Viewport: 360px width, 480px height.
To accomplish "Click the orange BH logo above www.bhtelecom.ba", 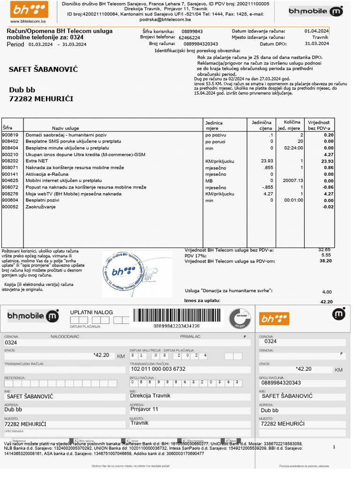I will [x=28, y=9].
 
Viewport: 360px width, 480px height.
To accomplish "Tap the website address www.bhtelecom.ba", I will [x=28, y=21].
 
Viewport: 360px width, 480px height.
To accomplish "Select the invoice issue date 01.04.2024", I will [x=316, y=31].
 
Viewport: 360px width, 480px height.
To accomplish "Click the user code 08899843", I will [x=192, y=31].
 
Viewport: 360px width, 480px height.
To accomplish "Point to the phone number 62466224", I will [x=189, y=37].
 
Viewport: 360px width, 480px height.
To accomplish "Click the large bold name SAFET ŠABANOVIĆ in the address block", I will [x=43, y=70].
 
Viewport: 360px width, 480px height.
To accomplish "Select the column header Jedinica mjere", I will [x=214, y=125].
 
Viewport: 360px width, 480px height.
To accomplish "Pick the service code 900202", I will [x=10, y=161].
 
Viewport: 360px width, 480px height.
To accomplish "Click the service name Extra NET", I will [x=37, y=161].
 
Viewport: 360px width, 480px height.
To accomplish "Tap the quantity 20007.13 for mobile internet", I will [x=293, y=180].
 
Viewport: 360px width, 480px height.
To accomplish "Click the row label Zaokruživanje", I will [x=40, y=206].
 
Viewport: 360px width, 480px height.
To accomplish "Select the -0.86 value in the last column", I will [x=327, y=187].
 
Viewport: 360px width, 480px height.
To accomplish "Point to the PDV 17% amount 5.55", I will [x=325, y=255].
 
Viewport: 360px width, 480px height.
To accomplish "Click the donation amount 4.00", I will [x=326, y=292].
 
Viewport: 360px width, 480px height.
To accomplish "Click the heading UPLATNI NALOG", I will [x=91, y=312].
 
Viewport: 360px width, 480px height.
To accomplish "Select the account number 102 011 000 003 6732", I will [x=157, y=369].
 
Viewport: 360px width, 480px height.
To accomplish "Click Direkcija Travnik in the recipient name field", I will [x=150, y=396].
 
